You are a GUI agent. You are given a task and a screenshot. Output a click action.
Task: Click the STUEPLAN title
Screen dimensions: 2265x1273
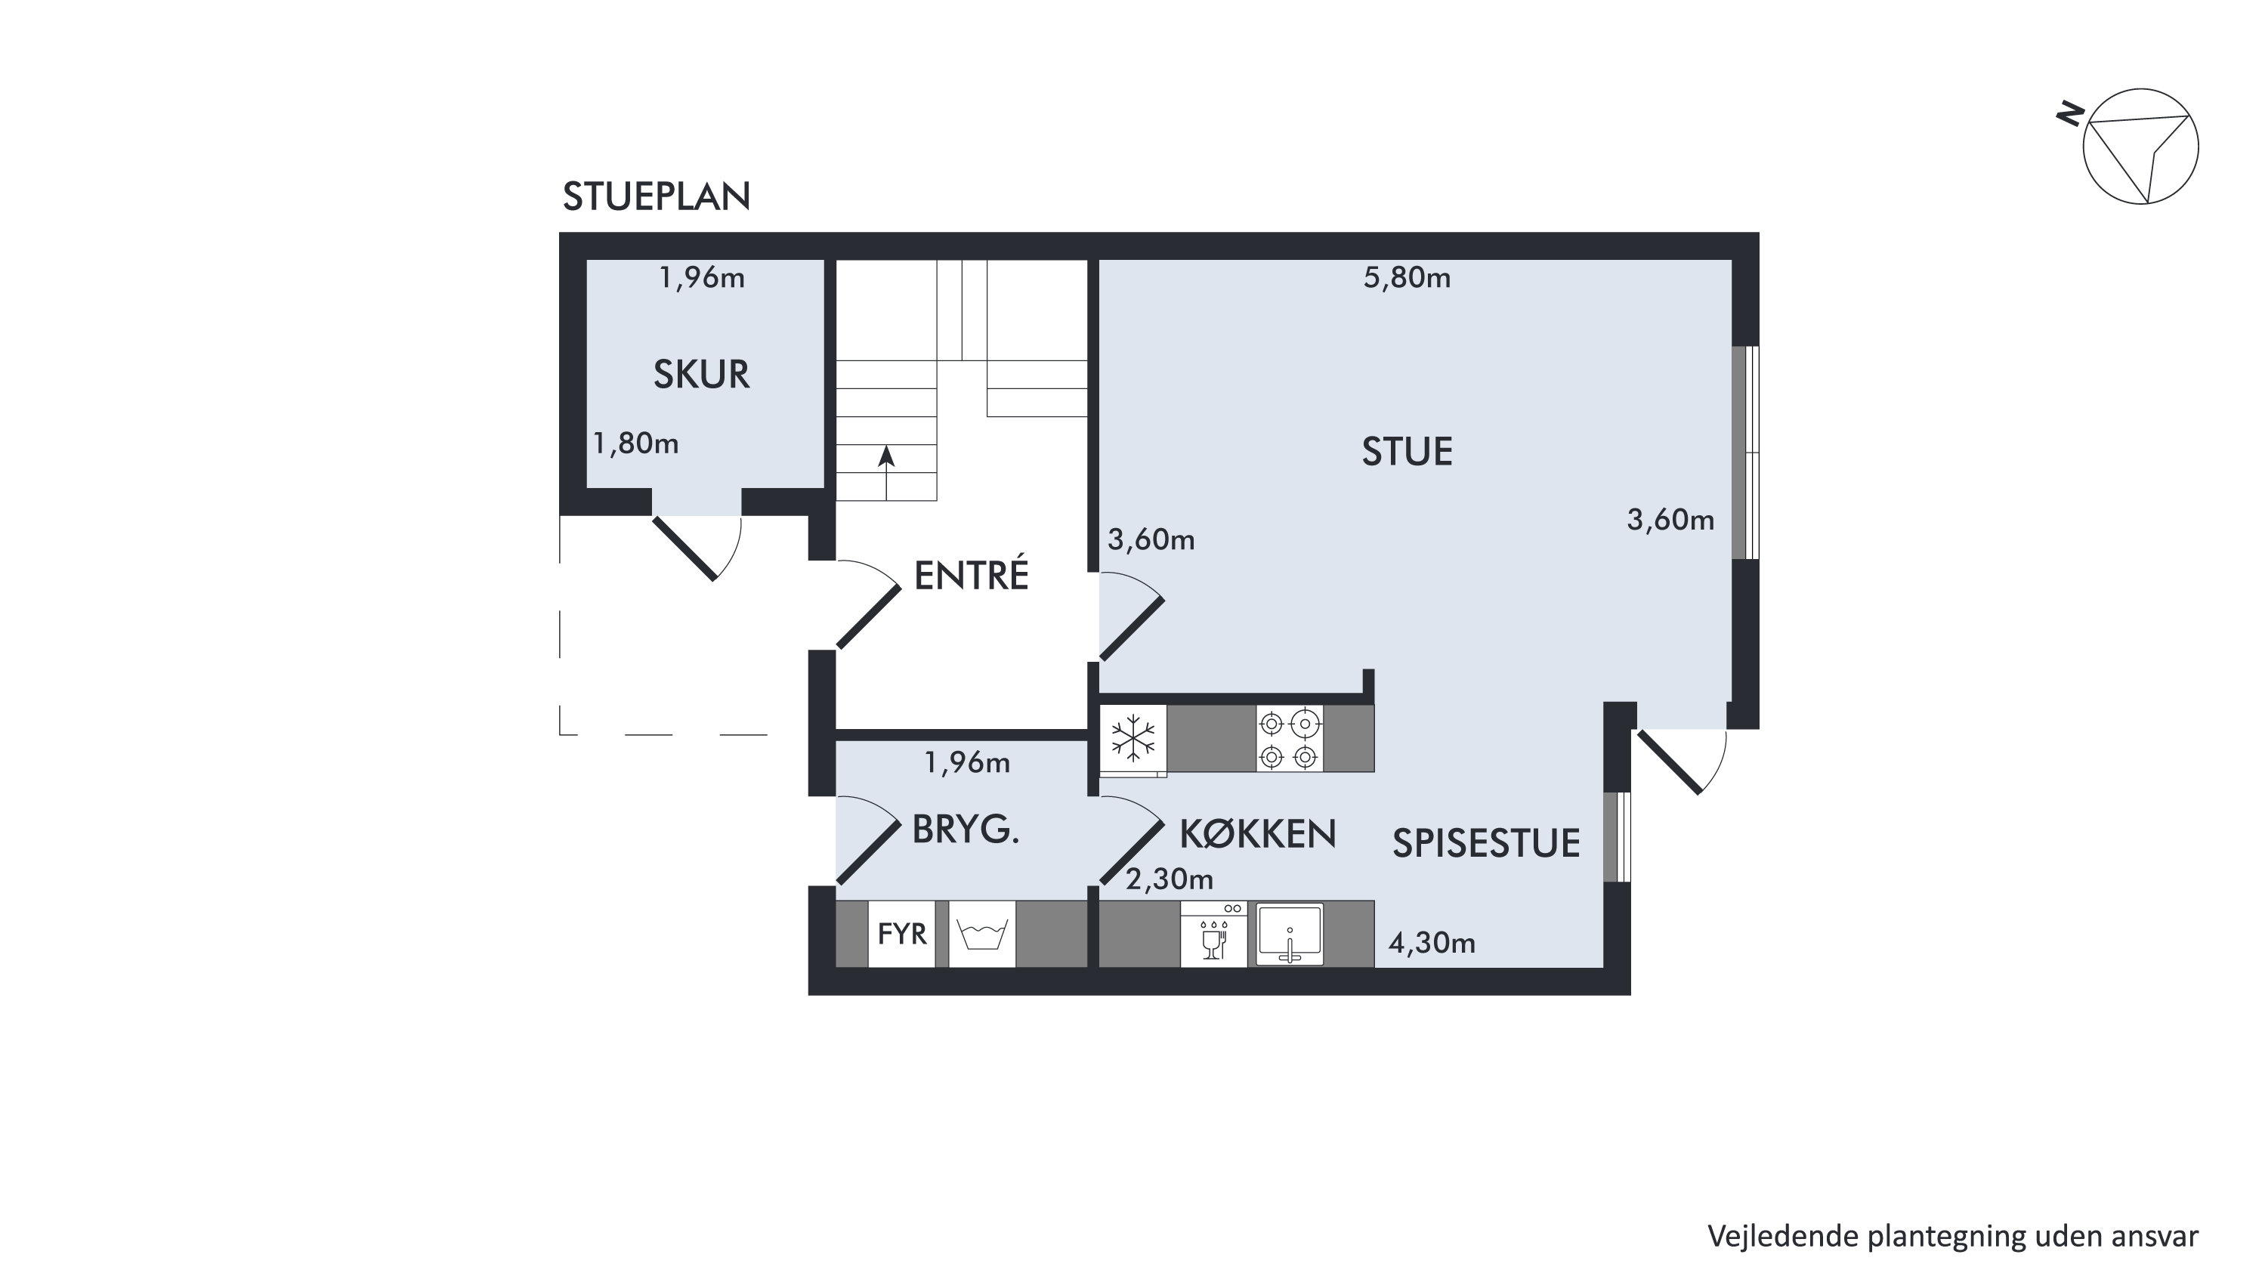[656, 197]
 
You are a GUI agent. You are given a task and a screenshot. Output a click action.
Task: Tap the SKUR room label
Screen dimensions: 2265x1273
[701, 375]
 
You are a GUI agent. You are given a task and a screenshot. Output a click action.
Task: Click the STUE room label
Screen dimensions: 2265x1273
[1407, 452]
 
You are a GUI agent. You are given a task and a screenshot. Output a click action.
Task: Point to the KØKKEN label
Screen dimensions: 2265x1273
[1257, 833]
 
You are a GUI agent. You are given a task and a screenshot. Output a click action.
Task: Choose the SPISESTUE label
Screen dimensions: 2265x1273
[1486, 843]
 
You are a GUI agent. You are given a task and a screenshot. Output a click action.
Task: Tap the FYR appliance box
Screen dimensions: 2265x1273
[901, 934]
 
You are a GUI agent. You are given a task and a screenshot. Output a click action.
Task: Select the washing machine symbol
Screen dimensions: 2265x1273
[982, 934]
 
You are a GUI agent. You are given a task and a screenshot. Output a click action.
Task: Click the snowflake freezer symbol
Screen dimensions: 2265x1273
[1133, 738]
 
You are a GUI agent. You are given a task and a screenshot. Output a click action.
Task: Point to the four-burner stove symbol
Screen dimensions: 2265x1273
[1290, 738]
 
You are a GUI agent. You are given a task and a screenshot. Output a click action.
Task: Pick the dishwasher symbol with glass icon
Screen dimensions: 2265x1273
[1213, 934]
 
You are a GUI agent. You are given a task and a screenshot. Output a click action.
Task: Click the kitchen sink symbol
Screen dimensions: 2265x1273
[1290, 934]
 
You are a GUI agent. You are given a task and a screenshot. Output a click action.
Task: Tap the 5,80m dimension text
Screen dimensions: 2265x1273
[1407, 278]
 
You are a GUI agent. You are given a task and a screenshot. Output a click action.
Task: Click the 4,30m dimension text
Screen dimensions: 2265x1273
[1432, 944]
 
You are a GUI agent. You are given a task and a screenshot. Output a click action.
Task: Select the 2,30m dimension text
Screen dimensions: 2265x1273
[1170, 879]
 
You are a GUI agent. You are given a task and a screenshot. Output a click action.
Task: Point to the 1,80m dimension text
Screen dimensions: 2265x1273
[635, 444]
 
